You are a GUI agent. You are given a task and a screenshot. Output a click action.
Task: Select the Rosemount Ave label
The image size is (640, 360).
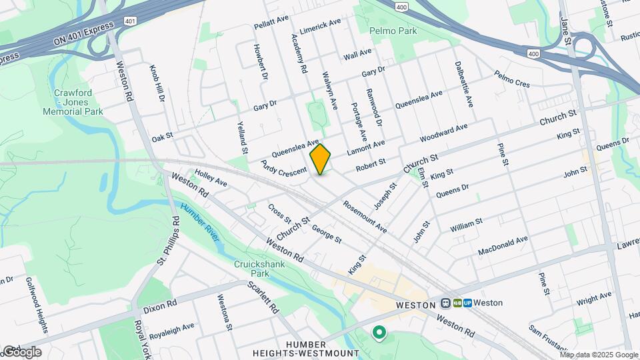click(x=365, y=217)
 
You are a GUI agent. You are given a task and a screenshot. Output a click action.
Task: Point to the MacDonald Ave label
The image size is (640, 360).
click(x=503, y=246)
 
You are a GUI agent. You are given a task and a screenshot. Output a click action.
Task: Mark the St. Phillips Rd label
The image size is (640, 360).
click(x=169, y=240)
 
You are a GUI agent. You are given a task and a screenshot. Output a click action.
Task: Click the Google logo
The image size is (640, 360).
click(x=21, y=351)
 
